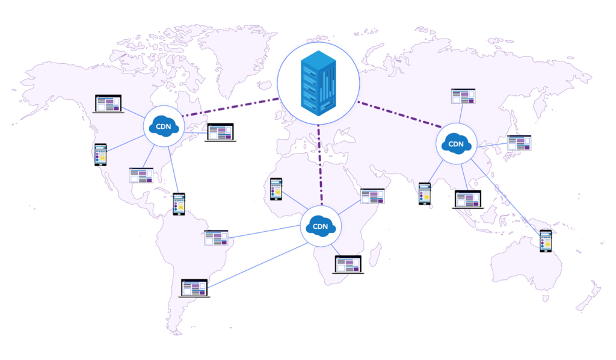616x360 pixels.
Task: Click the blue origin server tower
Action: (x=318, y=83)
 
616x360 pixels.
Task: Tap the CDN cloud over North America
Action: (x=164, y=126)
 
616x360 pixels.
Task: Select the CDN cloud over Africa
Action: (x=321, y=226)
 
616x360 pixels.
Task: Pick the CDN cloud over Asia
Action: (x=456, y=143)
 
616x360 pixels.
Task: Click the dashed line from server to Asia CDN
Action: (x=399, y=114)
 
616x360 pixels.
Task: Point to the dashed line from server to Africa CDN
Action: (x=320, y=165)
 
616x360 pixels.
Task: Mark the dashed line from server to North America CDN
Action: (x=231, y=107)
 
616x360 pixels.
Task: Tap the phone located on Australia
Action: (x=546, y=241)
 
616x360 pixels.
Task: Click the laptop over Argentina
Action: (x=194, y=288)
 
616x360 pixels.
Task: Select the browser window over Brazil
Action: (x=216, y=238)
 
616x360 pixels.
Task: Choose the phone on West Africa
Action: (x=276, y=189)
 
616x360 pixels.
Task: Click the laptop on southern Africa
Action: (x=348, y=264)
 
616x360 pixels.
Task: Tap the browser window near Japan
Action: (x=519, y=143)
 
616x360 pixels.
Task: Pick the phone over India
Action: (x=425, y=194)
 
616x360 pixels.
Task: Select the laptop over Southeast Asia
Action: (x=468, y=199)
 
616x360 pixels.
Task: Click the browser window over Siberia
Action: (x=463, y=96)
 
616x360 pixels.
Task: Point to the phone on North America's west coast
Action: (x=100, y=155)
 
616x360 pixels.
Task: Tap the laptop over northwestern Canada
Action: (x=108, y=104)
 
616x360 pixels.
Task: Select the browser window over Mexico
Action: (x=141, y=175)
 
